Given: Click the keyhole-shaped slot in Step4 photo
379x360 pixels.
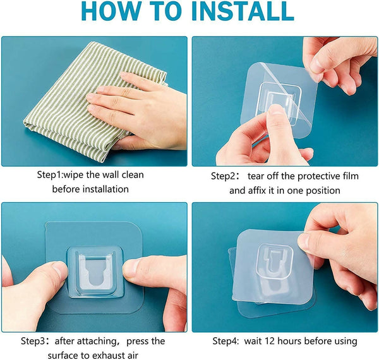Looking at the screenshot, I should (269, 256).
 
